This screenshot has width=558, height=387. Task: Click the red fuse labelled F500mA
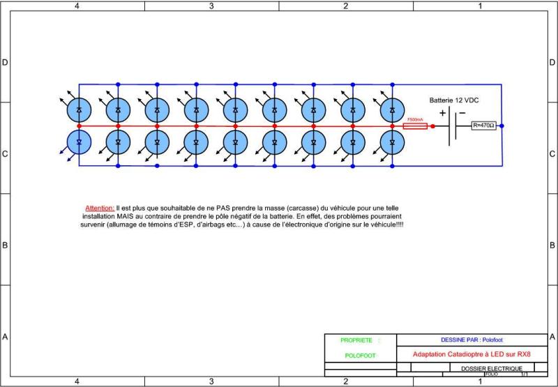415,126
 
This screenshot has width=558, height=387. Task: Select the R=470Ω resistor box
483,126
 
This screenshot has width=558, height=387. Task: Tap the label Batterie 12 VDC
454,100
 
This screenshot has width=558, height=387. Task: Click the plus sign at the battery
442,113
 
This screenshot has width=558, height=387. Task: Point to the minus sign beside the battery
462,113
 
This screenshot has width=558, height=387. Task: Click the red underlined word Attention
100,208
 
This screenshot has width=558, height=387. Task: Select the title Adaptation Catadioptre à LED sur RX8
472,354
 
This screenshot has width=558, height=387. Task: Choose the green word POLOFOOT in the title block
360,356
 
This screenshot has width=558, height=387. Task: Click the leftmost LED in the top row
79,109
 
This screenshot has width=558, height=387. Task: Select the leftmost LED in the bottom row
79,142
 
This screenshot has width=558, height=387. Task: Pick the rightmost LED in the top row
392,109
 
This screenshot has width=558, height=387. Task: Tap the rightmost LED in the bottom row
392,142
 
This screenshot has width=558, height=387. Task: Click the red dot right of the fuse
433,126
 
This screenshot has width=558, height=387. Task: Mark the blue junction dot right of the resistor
502,126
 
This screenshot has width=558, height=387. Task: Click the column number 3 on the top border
211,6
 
